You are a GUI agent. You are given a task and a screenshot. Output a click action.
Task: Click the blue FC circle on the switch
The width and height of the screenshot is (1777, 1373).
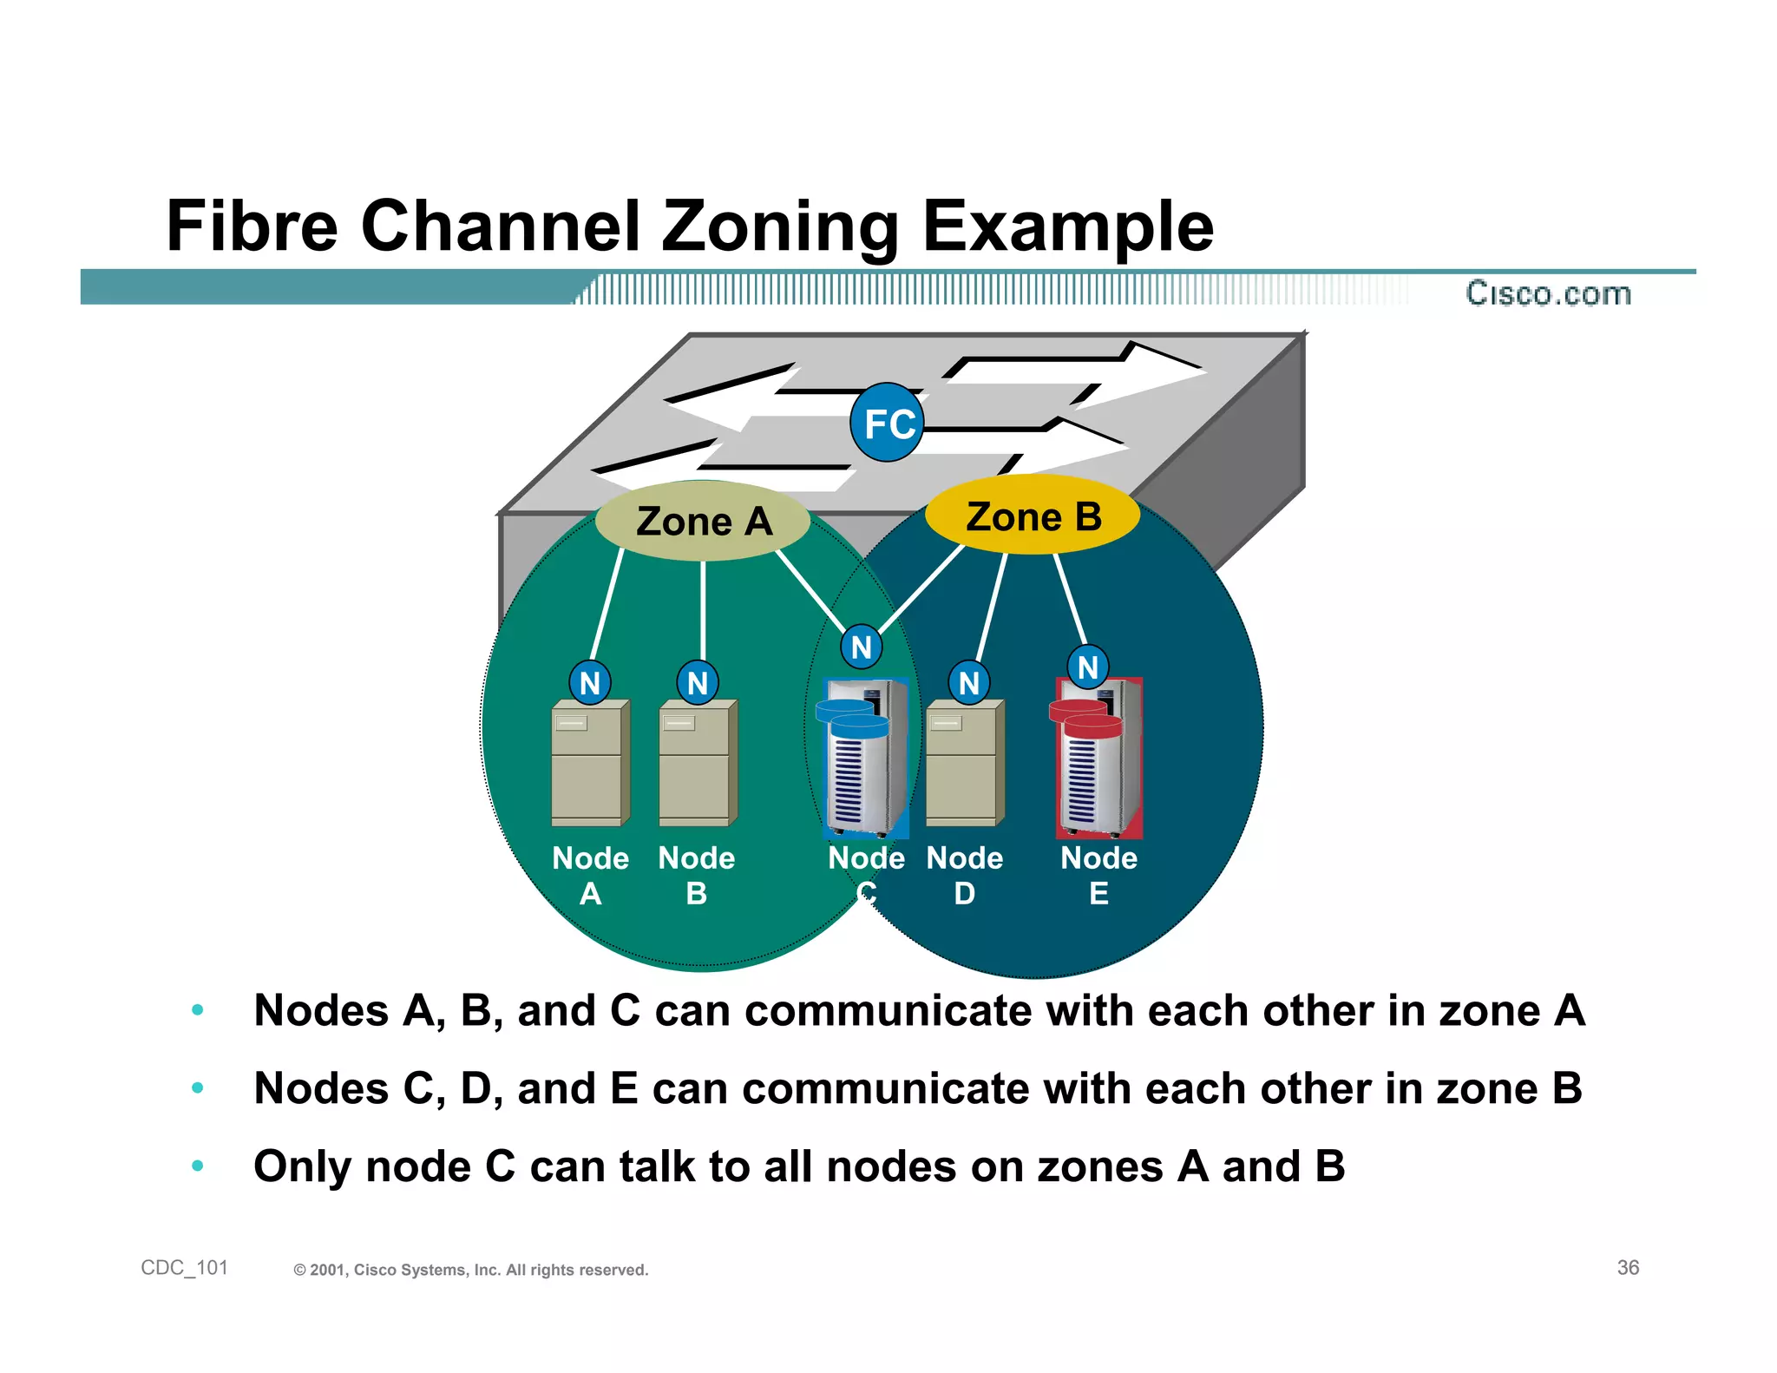point(887,423)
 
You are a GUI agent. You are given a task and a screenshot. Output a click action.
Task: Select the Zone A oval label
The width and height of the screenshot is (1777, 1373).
point(703,521)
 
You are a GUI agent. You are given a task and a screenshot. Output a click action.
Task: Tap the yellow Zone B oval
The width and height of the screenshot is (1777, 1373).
point(1033,516)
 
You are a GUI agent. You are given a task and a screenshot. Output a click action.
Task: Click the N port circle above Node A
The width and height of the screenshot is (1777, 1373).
point(590,683)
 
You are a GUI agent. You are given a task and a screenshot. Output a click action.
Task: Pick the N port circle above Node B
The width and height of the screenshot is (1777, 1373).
point(698,683)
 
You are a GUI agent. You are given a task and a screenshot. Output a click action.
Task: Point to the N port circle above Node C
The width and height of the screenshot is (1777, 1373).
point(862,647)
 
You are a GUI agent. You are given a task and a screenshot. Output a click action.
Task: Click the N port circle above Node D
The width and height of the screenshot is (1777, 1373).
point(969,683)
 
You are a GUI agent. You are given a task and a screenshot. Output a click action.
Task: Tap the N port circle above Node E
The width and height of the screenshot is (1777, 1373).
point(1088,667)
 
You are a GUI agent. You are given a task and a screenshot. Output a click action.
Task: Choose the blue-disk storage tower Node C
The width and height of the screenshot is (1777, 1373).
point(864,759)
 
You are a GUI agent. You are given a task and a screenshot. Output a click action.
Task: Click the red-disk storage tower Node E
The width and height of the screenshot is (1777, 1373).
point(1098,759)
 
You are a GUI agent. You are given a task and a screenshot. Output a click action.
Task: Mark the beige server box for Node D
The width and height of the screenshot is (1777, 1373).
point(964,764)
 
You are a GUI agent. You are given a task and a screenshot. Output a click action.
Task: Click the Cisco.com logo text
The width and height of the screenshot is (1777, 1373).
point(1548,293)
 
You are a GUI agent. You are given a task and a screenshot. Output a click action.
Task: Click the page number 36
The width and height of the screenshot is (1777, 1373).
point(1628,1268)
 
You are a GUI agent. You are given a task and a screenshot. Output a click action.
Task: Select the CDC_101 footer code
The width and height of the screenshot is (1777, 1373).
point(184,1268)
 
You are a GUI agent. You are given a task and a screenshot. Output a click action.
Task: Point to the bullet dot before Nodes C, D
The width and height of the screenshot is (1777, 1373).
point(198,1088)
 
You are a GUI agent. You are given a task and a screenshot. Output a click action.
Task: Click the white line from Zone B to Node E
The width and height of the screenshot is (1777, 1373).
point(1070,599)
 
